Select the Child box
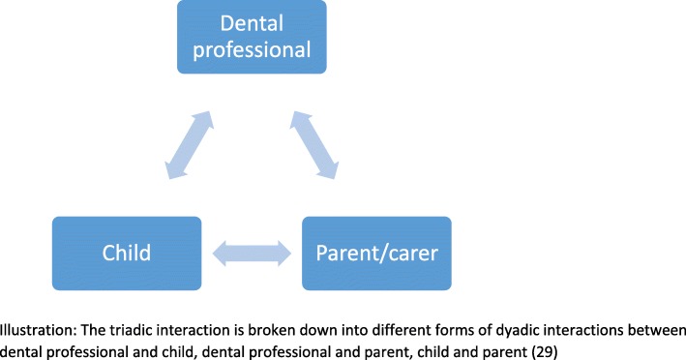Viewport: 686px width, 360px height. (126, 254)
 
